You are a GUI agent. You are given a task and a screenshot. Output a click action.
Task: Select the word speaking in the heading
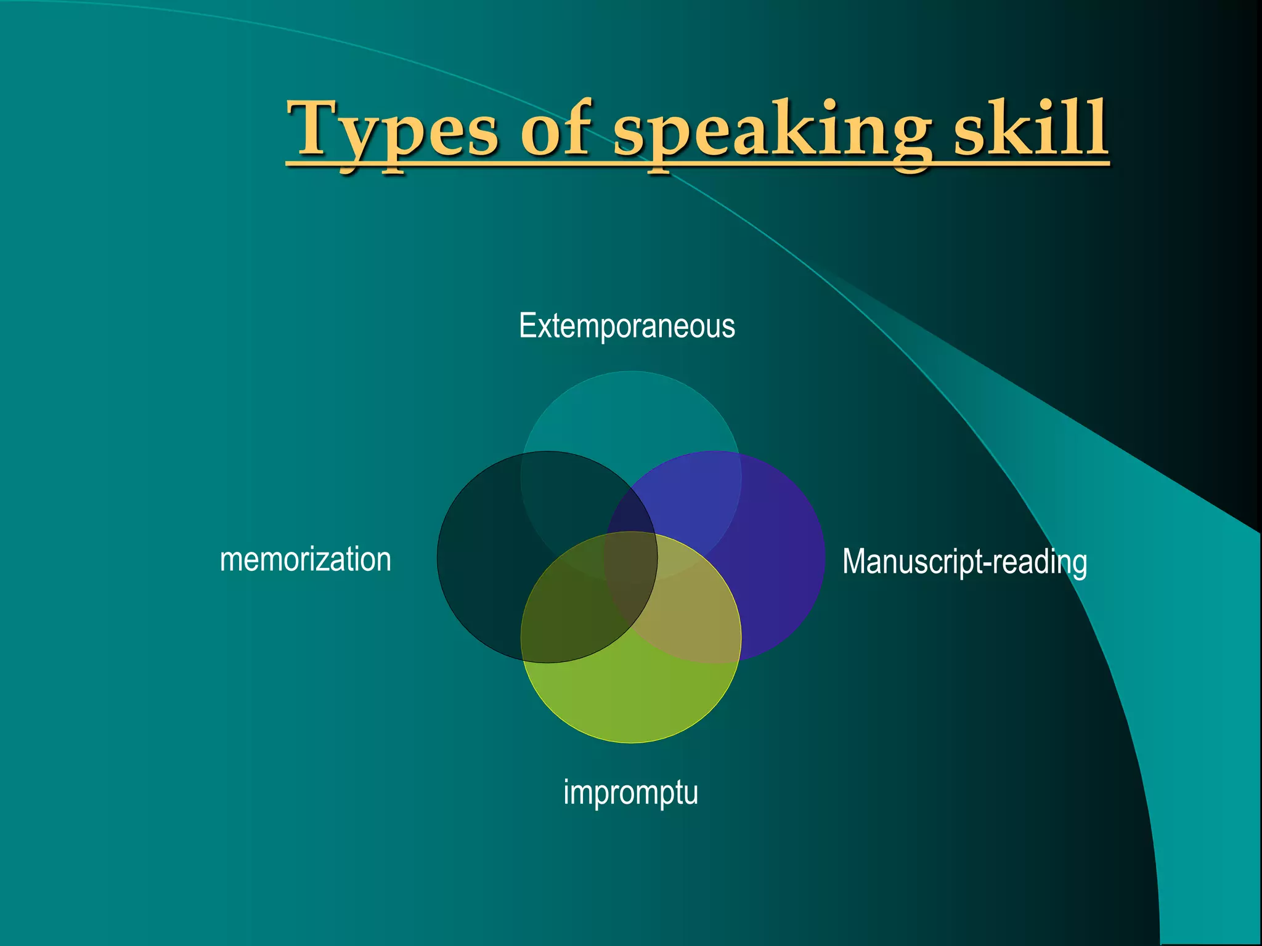pyautogui.click(x=773, y=131)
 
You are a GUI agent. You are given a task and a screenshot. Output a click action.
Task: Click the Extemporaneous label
pyautogui.click(x=627, y=326)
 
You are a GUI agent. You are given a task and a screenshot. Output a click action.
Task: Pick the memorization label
pyautogui.click(x=306, y=560)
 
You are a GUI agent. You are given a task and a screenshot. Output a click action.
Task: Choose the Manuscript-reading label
pyautogui.click(x=964, y=562)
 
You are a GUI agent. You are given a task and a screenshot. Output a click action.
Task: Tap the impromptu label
pyautogui.click(x=630, y=793)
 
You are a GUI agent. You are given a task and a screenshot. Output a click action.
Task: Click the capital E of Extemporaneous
pyautogui.click(x=527, y=326)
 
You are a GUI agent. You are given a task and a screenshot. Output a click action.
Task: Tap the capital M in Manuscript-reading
pyautogui.click(x=855, y=562)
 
